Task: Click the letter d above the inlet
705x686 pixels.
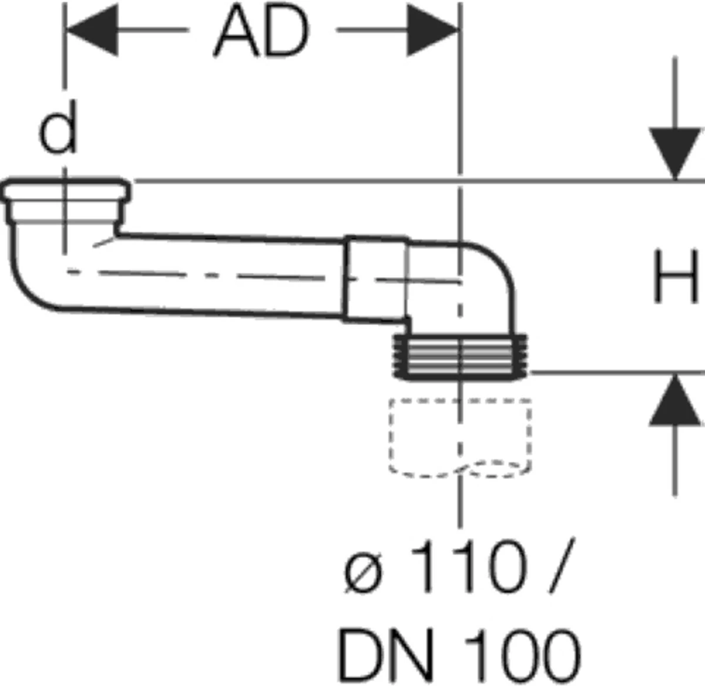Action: tap(58, 133)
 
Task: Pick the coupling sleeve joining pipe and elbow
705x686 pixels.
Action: tap(375, 279)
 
